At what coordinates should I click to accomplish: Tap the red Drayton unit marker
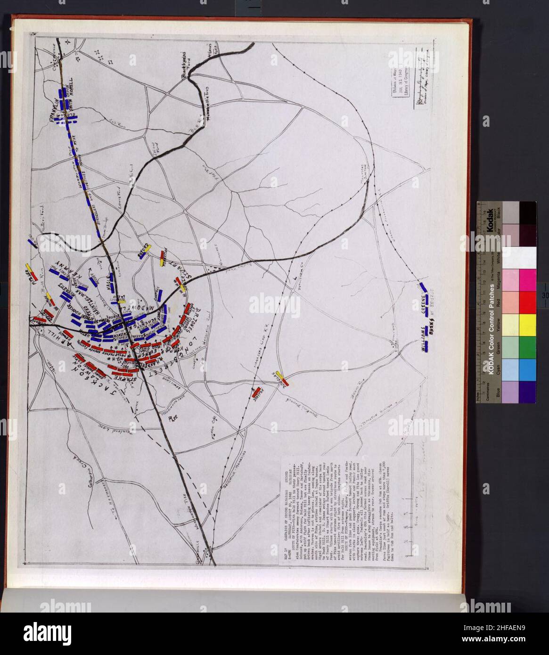pos(256,391)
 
